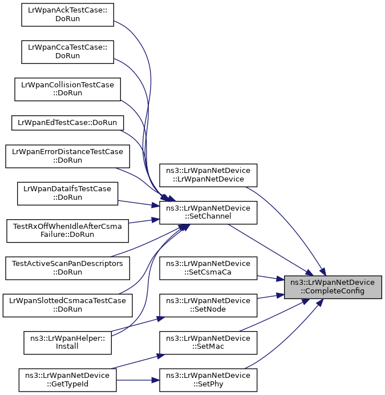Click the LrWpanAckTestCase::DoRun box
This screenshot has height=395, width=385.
point(67,15)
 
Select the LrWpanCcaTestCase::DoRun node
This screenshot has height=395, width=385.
point(67,52)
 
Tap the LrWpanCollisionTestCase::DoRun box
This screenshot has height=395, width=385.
point(67,89)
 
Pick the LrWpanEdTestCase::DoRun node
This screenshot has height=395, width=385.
point(67,123)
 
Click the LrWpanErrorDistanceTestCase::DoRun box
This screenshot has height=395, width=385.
point(67,156)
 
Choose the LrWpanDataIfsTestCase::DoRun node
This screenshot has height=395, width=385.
point(67,194)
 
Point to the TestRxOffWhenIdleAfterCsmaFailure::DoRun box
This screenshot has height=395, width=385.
point(67,231)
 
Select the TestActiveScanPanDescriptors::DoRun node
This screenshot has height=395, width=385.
point(67,268)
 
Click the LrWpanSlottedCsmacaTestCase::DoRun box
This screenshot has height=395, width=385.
point(67,305)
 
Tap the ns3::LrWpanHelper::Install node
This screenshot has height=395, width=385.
point(67,342)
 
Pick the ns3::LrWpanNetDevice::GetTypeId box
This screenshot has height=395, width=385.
point(67,380)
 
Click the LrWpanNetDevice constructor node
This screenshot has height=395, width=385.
point(208,175)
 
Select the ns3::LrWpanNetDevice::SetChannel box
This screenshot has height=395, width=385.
point(208,212)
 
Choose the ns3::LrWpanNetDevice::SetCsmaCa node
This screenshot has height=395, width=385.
point(208,268)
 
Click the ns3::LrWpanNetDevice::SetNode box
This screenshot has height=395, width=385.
point(208,305)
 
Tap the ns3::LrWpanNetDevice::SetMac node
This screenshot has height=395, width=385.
point(208,342)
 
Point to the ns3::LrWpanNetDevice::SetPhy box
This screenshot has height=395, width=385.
point(208,380)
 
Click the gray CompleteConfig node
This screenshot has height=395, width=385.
point(333,287)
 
